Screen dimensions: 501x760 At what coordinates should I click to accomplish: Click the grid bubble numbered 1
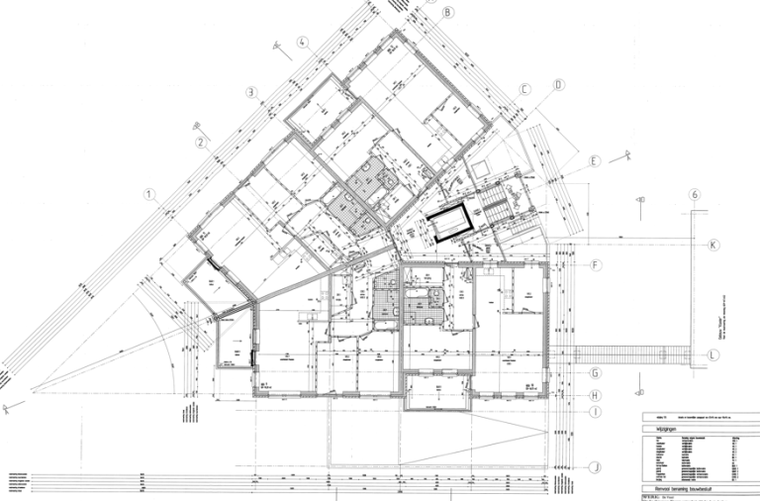[x=150, y=195]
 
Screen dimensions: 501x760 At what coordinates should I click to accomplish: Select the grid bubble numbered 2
[x=202, y=143]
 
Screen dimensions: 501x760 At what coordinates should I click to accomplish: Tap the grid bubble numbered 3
[x=253, y=93]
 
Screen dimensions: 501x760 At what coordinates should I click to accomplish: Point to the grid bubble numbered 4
[x=303, y=43]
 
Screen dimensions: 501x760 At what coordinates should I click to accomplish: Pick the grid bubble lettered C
[x=526, y=88]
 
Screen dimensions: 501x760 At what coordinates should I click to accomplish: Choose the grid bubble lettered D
[x=558, y=85]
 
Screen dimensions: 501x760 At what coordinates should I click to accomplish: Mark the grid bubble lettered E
[x=595, y=161]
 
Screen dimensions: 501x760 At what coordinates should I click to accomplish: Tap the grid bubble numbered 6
[x=696, y=195]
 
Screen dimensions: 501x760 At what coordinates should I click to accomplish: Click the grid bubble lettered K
[x=712, y=244]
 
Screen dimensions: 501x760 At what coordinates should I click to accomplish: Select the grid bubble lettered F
[x=596, y=265]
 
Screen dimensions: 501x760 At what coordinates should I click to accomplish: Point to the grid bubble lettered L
[x=713, y=353]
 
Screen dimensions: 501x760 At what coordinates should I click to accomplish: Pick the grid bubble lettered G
[x=596, y=373]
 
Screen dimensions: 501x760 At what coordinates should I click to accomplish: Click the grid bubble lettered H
[x=596, y=395]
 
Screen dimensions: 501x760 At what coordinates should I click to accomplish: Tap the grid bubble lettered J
[x=596, y=466]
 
